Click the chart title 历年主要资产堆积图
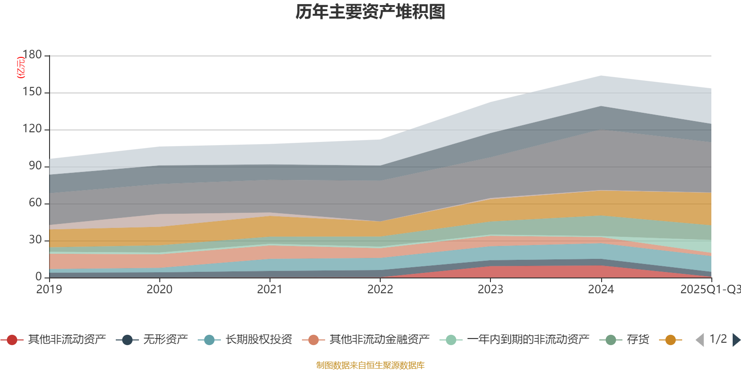(370, 12)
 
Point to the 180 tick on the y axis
(32, 55)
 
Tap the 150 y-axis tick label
(32, 92)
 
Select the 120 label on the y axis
(32, 129)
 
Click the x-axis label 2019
(50, 290)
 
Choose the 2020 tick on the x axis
(160, 290)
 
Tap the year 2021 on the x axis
(270, 290)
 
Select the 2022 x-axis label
(380, 290)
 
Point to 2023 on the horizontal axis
(490, 290)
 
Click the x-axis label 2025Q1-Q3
(710, 290)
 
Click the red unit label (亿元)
(21, 68)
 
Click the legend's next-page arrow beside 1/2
(736, 340)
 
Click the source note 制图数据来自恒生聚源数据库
(370, 365)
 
